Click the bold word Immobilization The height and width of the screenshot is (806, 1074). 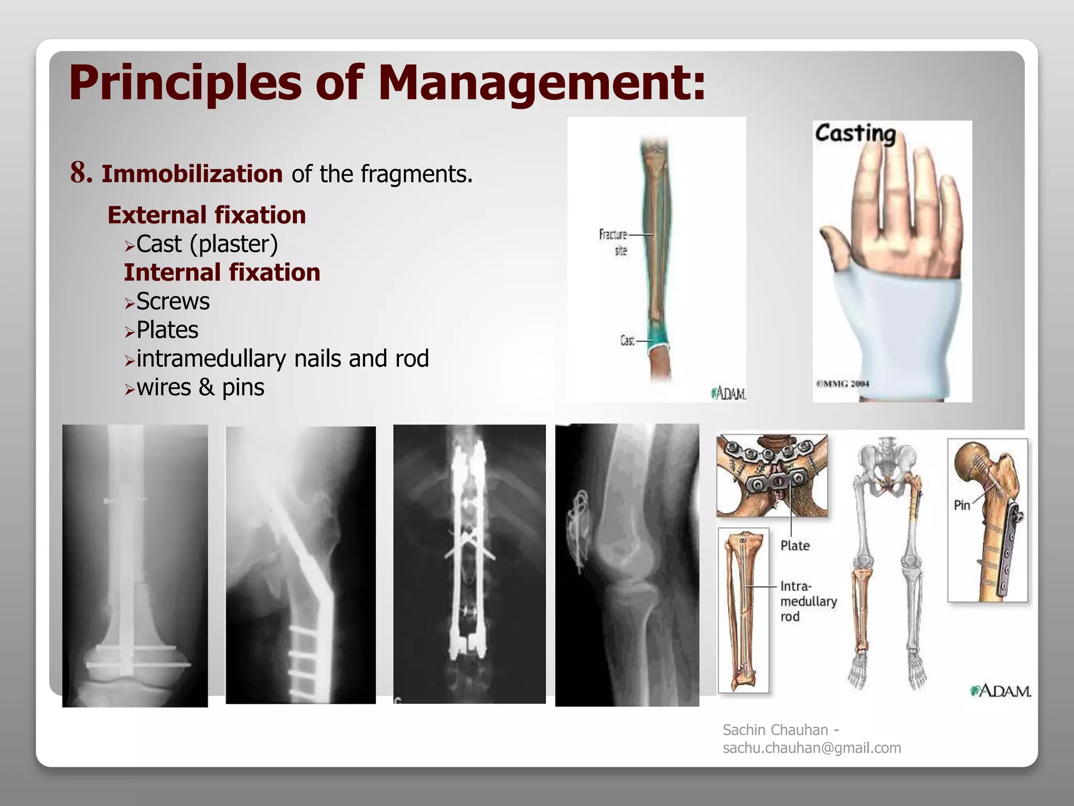tap(192, 174)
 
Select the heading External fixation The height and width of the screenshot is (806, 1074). tap(207, 215)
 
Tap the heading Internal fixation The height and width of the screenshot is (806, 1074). tap(222, 272)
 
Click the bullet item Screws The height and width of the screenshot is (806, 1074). tap(173, 301)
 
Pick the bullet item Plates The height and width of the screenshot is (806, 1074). tap(167, 330)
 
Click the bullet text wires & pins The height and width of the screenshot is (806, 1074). tap(200, 388)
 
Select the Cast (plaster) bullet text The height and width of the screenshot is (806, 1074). tap(207, 244)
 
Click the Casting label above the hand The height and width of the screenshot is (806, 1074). tap(855, 133)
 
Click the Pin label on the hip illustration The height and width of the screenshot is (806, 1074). tap(962, 505)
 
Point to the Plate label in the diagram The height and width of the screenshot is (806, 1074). tap(794, 546)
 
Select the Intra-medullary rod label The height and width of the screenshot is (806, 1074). tap(808, 601)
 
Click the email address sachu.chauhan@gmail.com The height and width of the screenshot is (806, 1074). tap(812, 748)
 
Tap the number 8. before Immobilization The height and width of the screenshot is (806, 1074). tap(81, 173)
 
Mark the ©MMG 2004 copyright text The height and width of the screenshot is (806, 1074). tap(842, 384)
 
